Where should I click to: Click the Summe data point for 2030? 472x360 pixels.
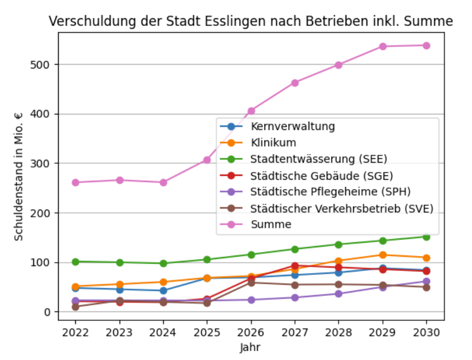427,45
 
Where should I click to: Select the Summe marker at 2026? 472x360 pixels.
251,111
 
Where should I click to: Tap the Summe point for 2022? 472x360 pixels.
75,182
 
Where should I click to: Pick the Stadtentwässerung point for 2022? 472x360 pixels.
75,262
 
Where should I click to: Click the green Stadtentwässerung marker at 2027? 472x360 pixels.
295,249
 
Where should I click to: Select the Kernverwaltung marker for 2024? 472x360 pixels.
163,290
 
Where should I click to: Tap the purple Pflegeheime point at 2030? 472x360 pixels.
427,281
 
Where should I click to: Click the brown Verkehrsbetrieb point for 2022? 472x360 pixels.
75,307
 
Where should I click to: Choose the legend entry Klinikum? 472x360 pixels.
273,143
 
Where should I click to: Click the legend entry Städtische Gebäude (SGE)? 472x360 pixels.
321,176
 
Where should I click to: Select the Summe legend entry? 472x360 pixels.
271,225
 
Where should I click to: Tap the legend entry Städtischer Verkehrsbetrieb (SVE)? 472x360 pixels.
341,208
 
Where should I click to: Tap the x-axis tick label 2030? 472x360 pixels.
427,333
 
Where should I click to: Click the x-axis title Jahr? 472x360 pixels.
250,348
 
